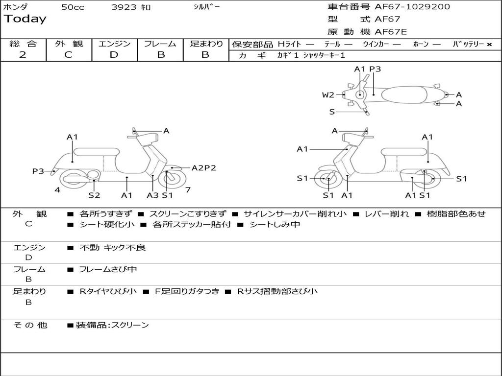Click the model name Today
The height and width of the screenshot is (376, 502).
click(25, 19)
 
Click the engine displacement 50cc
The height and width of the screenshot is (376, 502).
click(73, 7)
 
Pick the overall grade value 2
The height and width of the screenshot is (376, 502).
click(23, 55)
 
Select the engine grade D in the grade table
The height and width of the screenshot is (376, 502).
click(114, 55)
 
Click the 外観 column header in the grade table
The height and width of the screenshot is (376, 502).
click(69, 44)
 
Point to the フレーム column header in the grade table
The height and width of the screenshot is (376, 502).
click(160, 44)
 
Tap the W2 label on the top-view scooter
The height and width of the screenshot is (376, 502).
click(328, 95)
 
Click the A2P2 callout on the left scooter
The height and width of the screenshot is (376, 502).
click(203, 168)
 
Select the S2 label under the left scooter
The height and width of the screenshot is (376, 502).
click(94, 195)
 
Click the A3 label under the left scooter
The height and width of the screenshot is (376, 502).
click(152, 195)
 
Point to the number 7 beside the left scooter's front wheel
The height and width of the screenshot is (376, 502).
click(188, 189)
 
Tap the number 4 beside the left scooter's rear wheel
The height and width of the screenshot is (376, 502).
click(57, 189)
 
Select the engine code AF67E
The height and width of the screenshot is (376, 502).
click(391, 32)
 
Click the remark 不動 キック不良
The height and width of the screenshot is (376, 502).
click(112, 248)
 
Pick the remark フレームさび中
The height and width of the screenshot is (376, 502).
click(108, 269)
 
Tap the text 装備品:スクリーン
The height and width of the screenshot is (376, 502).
click(112, 325)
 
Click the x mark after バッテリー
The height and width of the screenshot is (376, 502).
click(489, 44)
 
